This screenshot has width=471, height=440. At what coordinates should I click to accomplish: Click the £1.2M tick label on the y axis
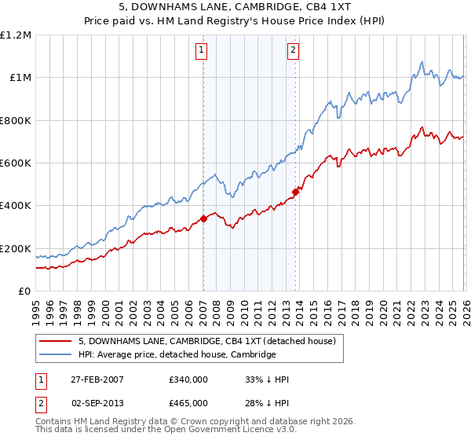16,35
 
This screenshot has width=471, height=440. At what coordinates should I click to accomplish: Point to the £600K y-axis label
16,163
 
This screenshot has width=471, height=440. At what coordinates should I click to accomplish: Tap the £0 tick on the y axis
25,291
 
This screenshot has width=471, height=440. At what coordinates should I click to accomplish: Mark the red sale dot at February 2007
203,218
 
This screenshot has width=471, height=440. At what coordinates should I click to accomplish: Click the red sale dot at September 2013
295,192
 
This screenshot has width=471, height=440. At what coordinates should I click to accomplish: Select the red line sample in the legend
57,341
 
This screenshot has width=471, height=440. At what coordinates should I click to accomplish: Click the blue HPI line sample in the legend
57,354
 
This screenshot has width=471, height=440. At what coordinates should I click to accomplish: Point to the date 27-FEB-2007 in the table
96,379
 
